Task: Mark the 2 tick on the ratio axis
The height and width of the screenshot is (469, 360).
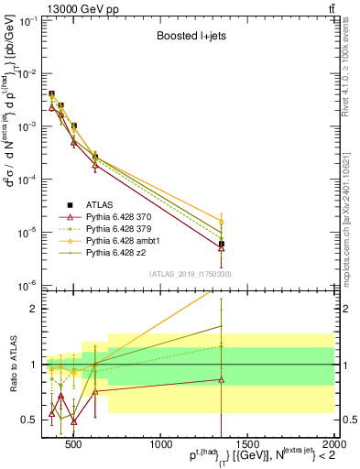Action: point(33,309)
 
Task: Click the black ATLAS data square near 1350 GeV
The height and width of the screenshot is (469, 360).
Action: point(222,244)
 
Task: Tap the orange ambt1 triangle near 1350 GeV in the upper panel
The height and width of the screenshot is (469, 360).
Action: point(222,221)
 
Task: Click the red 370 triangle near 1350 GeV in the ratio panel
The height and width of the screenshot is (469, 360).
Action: point(222,379)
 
